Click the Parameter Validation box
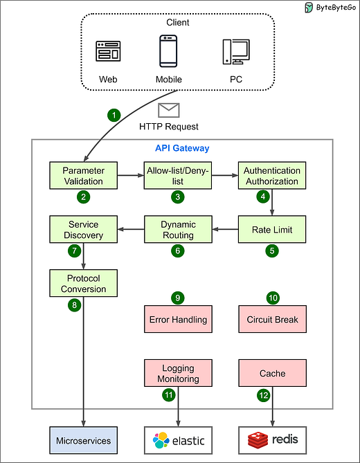pyautogui.click(x=83, y=176)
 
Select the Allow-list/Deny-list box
pyautogui.click(x=177, y=176)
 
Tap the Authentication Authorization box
pyautogui.click(x=272, y=176)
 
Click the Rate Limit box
pyautogui.click(x=272, y=230)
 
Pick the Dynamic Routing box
pyautogui.click(x=177, y=230)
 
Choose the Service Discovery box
pyautogui.click(x=83, y=230)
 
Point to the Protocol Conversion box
pyautogui.click(x=83, y=284)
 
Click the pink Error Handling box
pyautogui.click(x=177, y=320)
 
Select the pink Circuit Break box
pyautogui.click(x=272, y=320)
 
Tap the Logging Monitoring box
pyautogui.click(x=177, y=374)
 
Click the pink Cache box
pyautogui.click(x=272, y=374)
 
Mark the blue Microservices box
pyautogui.click(x=83, y=440)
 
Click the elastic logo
pyautogui.click(x=177, y=440)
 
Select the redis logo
pyautogui.click(x=272, y=440)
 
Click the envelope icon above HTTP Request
pyautogui.click(x=169, y=110)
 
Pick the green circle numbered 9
pyautogui.click(x=177, y=298)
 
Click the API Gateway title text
pyautogui.click(x=181, y=148)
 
